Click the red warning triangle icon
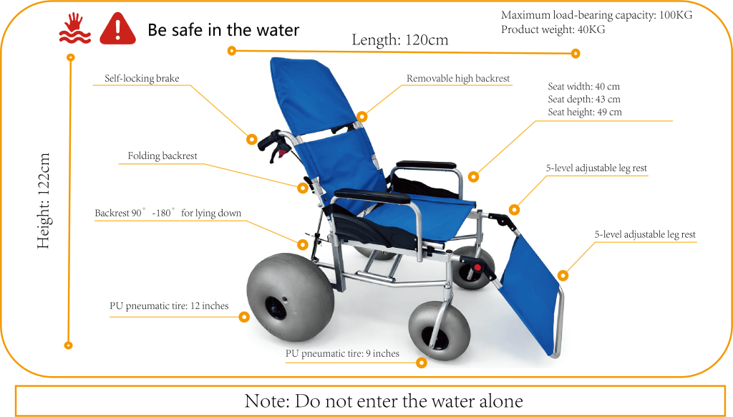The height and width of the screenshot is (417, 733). (x=118, y=29)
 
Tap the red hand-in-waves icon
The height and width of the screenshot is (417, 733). (x=74, y=28)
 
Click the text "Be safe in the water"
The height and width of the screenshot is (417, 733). (x=223, y=30)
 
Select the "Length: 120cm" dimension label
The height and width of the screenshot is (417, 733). (x=399, y=40)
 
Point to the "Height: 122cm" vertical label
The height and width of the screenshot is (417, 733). (x=44, y=201)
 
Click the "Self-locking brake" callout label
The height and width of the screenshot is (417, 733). (x=142, y=78)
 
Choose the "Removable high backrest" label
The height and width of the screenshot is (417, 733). (x=458, y=78)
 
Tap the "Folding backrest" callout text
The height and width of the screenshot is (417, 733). (x=162, y=155)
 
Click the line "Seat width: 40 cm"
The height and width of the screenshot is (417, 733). (x=584, y=86)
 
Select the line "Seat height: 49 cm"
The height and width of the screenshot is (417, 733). (x=585, y=112)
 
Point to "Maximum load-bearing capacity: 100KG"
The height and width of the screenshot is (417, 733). (x=596, y=15)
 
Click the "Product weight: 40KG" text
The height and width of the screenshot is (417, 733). (x=553, y=29)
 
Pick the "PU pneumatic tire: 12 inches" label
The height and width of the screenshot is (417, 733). (x=169, y=306)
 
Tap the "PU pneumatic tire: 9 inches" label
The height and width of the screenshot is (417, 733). (x=343, y=353)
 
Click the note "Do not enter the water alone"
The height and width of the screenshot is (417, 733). (x=384, y=401)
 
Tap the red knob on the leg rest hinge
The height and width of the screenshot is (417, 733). (x=477, y=268)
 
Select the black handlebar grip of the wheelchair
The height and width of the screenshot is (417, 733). (x=270, y=140)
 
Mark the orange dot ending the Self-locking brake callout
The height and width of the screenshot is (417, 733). (x=251, y=139)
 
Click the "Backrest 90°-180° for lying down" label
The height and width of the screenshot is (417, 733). (x=168, y=213)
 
